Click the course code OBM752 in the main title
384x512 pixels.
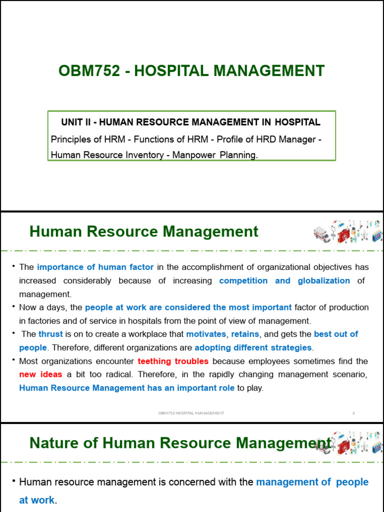89,71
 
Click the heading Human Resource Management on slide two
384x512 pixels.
144,231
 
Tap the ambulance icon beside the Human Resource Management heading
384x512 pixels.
321,233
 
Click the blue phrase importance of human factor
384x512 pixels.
95,267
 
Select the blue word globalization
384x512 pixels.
323,280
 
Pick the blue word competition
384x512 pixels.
243,280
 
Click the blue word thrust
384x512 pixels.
50,334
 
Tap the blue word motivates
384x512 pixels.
206,334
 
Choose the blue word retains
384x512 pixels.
245,334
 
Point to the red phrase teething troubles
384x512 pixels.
173,361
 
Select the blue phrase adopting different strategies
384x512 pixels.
253,347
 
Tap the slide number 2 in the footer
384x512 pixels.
353,413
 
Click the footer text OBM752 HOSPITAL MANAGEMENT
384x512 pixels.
191,413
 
